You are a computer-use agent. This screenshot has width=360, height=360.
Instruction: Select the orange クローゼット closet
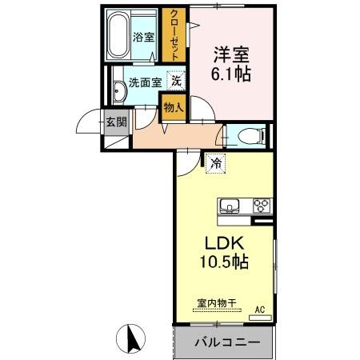(x=170, y=34)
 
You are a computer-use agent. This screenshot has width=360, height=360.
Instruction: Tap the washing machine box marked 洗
(x=176, y=80)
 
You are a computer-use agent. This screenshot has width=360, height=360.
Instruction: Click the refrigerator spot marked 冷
(x=216, y=163)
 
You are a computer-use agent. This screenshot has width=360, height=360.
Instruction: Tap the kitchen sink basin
(x=230, y=205)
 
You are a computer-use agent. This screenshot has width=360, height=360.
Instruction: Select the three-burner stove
(x=262, y=205)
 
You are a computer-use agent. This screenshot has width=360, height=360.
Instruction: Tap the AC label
(x=259, y=309)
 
